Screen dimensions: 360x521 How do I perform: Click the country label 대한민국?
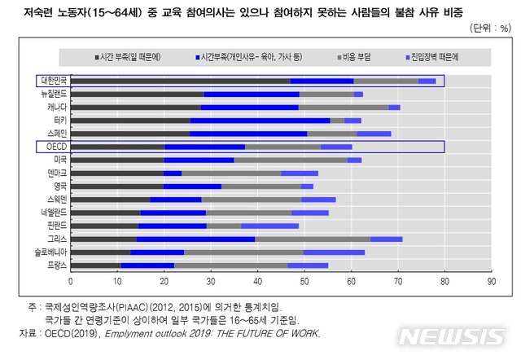point(54,81)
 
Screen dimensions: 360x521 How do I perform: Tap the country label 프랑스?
point(56,266)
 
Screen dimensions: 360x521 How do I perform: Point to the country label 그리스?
point(56,239)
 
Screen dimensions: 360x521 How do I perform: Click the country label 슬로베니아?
point(51,252)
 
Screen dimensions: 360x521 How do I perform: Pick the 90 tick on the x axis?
point(491,281)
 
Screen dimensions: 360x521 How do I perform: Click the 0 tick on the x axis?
point(71,281)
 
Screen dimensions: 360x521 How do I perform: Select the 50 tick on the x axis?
point(304,281)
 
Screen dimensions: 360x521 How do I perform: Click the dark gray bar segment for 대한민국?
point(180,81)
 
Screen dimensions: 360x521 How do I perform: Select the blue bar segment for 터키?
point(260,121)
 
